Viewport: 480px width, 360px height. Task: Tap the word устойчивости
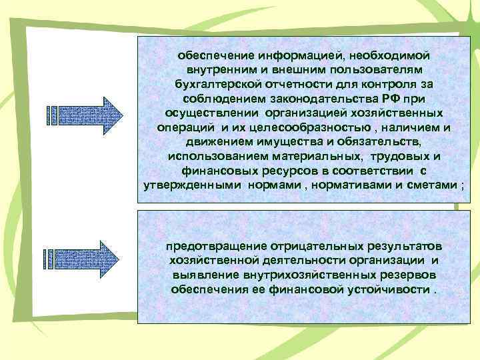click(391, 291)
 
